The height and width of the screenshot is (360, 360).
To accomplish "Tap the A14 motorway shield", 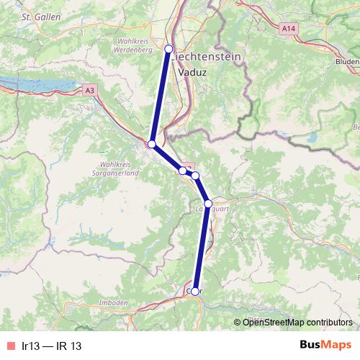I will click(x=288, y=27).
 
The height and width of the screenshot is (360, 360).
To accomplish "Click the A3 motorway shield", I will click(x=89, y=91).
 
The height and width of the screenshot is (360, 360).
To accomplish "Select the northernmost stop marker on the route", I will click(x=169, y=48).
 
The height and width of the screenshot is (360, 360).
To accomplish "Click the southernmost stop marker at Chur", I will click(x=194, y=292).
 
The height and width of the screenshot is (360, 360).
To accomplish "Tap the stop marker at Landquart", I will click(x=208, y=204).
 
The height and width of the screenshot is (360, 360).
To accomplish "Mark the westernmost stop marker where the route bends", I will click(x=152, y=145).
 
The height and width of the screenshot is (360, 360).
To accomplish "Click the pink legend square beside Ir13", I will click(x=10, y=346).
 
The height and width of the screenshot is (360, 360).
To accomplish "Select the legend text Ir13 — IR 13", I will click(x=52, y=346).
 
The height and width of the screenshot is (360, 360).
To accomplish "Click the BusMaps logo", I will click(x=326, y=346).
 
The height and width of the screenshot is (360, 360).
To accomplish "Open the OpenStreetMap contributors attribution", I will click(x=297, y=322).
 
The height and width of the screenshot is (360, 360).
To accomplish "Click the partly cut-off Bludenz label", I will click(x=346, y=63).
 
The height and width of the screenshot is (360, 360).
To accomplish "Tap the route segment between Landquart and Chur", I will click(x=202, y=248).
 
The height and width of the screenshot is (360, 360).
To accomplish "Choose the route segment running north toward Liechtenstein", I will click(x=161, y=96).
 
